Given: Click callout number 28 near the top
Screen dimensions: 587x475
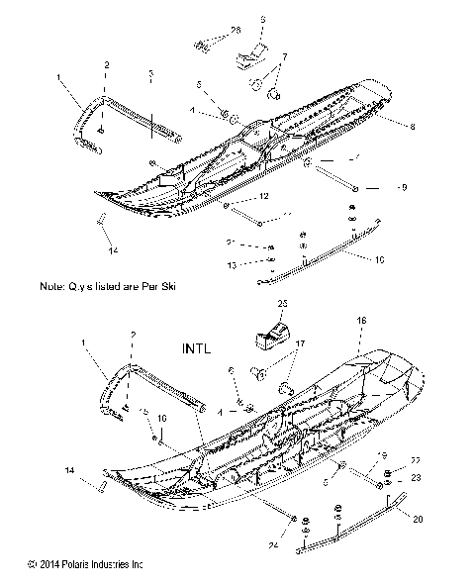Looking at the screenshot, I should pyautogui.click(x=236, y=33).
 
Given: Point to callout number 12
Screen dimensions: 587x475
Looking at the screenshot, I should pyautogui.click(x=264, y=197).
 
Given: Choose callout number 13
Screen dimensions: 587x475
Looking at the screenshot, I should pyautogui.click(x=231, y=264).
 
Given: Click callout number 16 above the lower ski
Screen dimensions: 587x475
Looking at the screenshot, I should pyautogui.click(x=361, y=321).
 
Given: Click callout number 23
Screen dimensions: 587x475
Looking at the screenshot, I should pyautogui.click(x=417, y=478).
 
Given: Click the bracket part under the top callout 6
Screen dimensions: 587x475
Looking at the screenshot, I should pyautogui.click(x=256, y=54).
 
